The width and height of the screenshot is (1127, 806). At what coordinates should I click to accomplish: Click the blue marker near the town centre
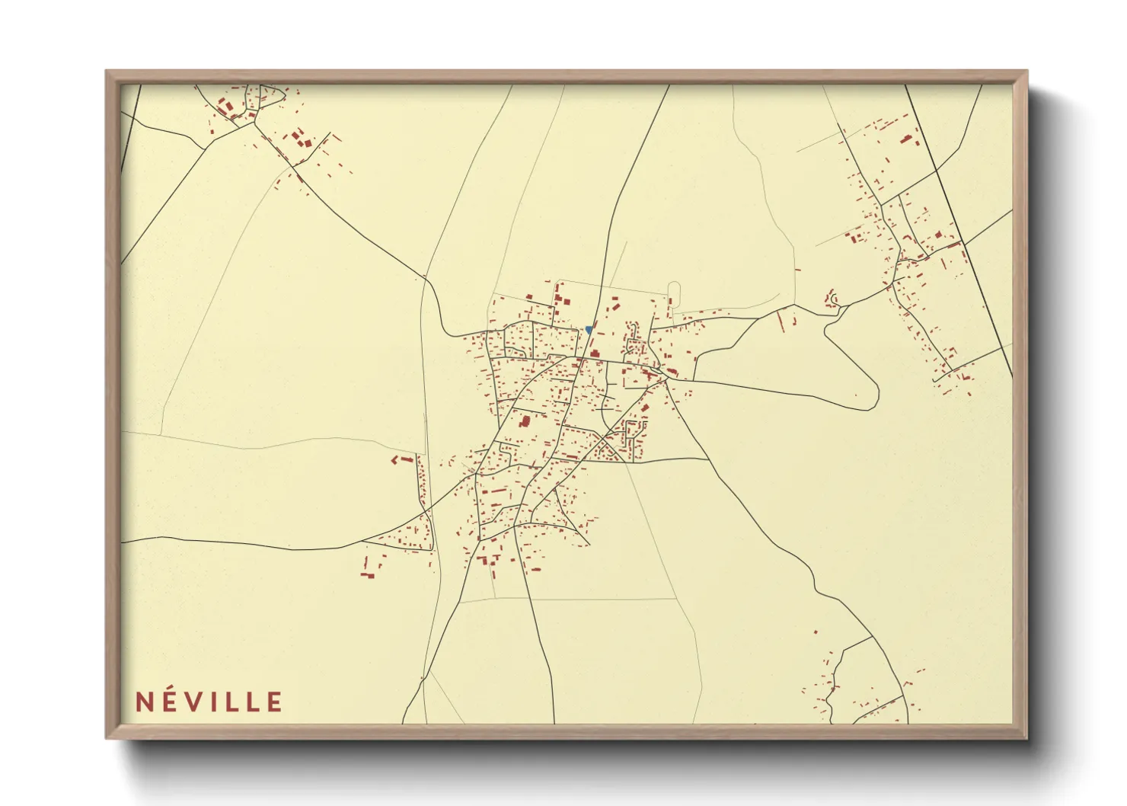coord(589,330)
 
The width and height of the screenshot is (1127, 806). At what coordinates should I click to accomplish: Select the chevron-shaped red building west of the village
coord(395,460)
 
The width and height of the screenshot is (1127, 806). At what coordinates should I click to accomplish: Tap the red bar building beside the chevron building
coord(405,460)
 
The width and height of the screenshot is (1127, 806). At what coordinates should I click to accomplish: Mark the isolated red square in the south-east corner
coord(815,632)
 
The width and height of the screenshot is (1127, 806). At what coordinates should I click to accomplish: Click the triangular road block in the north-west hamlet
coord(271,97)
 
